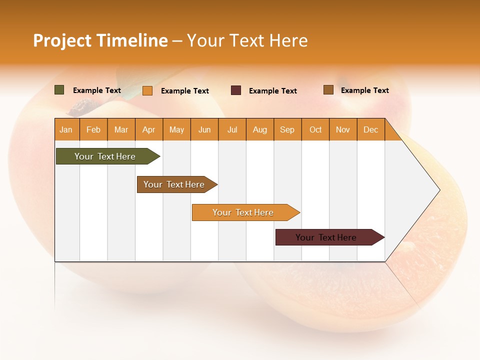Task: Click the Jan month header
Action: pyautogui.click(x=66, y=130)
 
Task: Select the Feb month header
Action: pyautogui.click(x=93, y=130)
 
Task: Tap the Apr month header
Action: pyautogui.click(x=148, y=130)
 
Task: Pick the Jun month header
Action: pyautogui.click(x=204, y=130)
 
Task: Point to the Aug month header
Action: pyautogui.click(x=259, y=130)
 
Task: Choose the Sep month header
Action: pyautogui.click(x=287, y=130)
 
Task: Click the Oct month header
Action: pyautogui.click(x=315, y=130)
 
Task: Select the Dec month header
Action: pyautogui.click(x=370, y=130)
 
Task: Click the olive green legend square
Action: pyautogui.click(x=59, y=90)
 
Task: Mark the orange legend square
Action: pyautogui.click(x=147, y=90)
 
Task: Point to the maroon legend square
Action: pyautogui.click(x=236, y=90)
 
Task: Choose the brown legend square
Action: pyautogui.click(x=328, y=90)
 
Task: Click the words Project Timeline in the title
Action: pyautogui.click(x=100, y=40)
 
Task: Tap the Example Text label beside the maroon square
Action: pyautogui.click(x=272, y=91)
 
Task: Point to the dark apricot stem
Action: pyautogui.click(x=83, y=106)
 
